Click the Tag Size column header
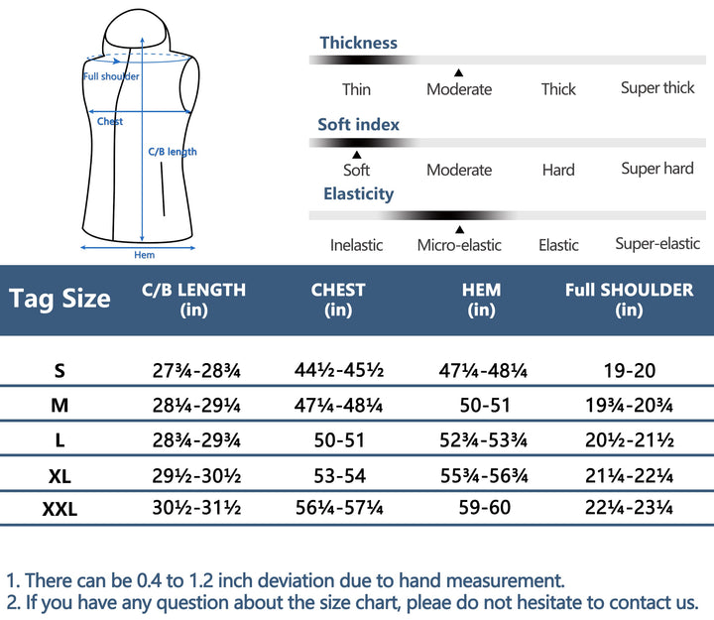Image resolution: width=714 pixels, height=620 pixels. point(59,299)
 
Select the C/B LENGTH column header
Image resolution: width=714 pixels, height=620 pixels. point(193,300)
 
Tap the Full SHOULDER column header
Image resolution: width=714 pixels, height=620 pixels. point(629,300)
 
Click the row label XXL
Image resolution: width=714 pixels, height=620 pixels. point(59,510)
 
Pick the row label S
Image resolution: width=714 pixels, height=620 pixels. point(59,371)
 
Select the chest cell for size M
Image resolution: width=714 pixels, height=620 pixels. point(338,406)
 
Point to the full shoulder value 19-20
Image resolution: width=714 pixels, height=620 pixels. point(629,371)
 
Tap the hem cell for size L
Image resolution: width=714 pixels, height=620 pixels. point(481,440)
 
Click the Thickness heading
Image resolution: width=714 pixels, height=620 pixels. point(358,43)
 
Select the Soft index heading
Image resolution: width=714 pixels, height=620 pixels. point(358,125)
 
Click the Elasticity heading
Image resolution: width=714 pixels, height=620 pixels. point(358,194)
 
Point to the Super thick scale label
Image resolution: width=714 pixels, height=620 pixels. point(657,88)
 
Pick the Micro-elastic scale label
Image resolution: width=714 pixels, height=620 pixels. point(459,245)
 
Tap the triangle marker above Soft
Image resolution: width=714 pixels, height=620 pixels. point(356,155)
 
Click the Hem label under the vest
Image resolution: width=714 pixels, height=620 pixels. point(144,255)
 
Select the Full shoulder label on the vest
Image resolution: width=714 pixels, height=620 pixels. point(111,76)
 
